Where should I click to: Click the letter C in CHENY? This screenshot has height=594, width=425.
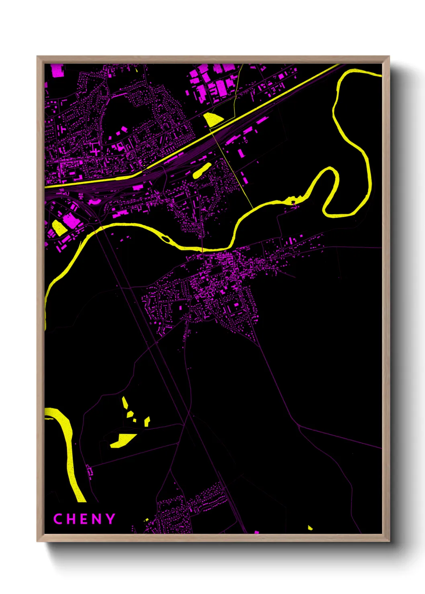click(x=58, y=519)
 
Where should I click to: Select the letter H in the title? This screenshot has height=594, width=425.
click(x=71, y=519)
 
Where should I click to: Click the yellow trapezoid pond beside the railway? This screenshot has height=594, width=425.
click(x=213, y=119)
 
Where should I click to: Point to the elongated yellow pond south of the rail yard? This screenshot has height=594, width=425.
click(x=202, y=170)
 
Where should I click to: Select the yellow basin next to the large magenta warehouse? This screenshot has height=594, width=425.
click(x=59, y=228)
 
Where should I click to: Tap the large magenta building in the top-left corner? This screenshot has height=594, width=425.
click(x=57, y=70)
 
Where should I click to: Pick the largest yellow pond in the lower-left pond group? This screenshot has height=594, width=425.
click(x=122, y=440)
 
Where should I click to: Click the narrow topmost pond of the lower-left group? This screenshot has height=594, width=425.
click(x=125, y=403)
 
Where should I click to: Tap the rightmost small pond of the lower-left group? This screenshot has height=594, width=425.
click(x=147, y=421)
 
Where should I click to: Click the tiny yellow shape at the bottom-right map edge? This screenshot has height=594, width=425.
click(x=310, y=527)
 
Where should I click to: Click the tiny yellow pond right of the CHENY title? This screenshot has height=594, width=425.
click(x=147, y=520)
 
